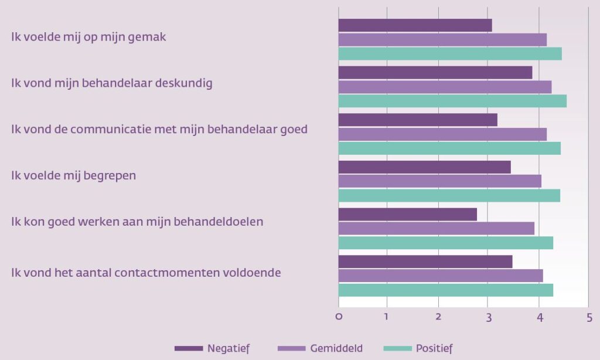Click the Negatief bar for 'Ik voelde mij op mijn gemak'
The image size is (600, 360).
415,25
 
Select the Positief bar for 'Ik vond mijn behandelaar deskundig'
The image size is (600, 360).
452,101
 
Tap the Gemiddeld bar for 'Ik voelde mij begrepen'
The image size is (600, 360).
439,181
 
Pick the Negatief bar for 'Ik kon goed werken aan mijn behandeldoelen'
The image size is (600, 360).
407,214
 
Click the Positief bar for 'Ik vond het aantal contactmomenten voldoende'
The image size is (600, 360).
445,290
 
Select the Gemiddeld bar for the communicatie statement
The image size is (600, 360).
442,134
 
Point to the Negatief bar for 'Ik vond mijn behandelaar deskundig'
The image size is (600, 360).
435,72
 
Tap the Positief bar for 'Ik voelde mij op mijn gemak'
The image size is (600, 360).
450,54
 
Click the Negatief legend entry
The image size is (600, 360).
212,348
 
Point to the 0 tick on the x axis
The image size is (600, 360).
339,317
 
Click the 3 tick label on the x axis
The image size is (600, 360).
488,317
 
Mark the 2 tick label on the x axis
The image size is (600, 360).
438,317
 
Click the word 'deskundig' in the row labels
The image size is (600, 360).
184,83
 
